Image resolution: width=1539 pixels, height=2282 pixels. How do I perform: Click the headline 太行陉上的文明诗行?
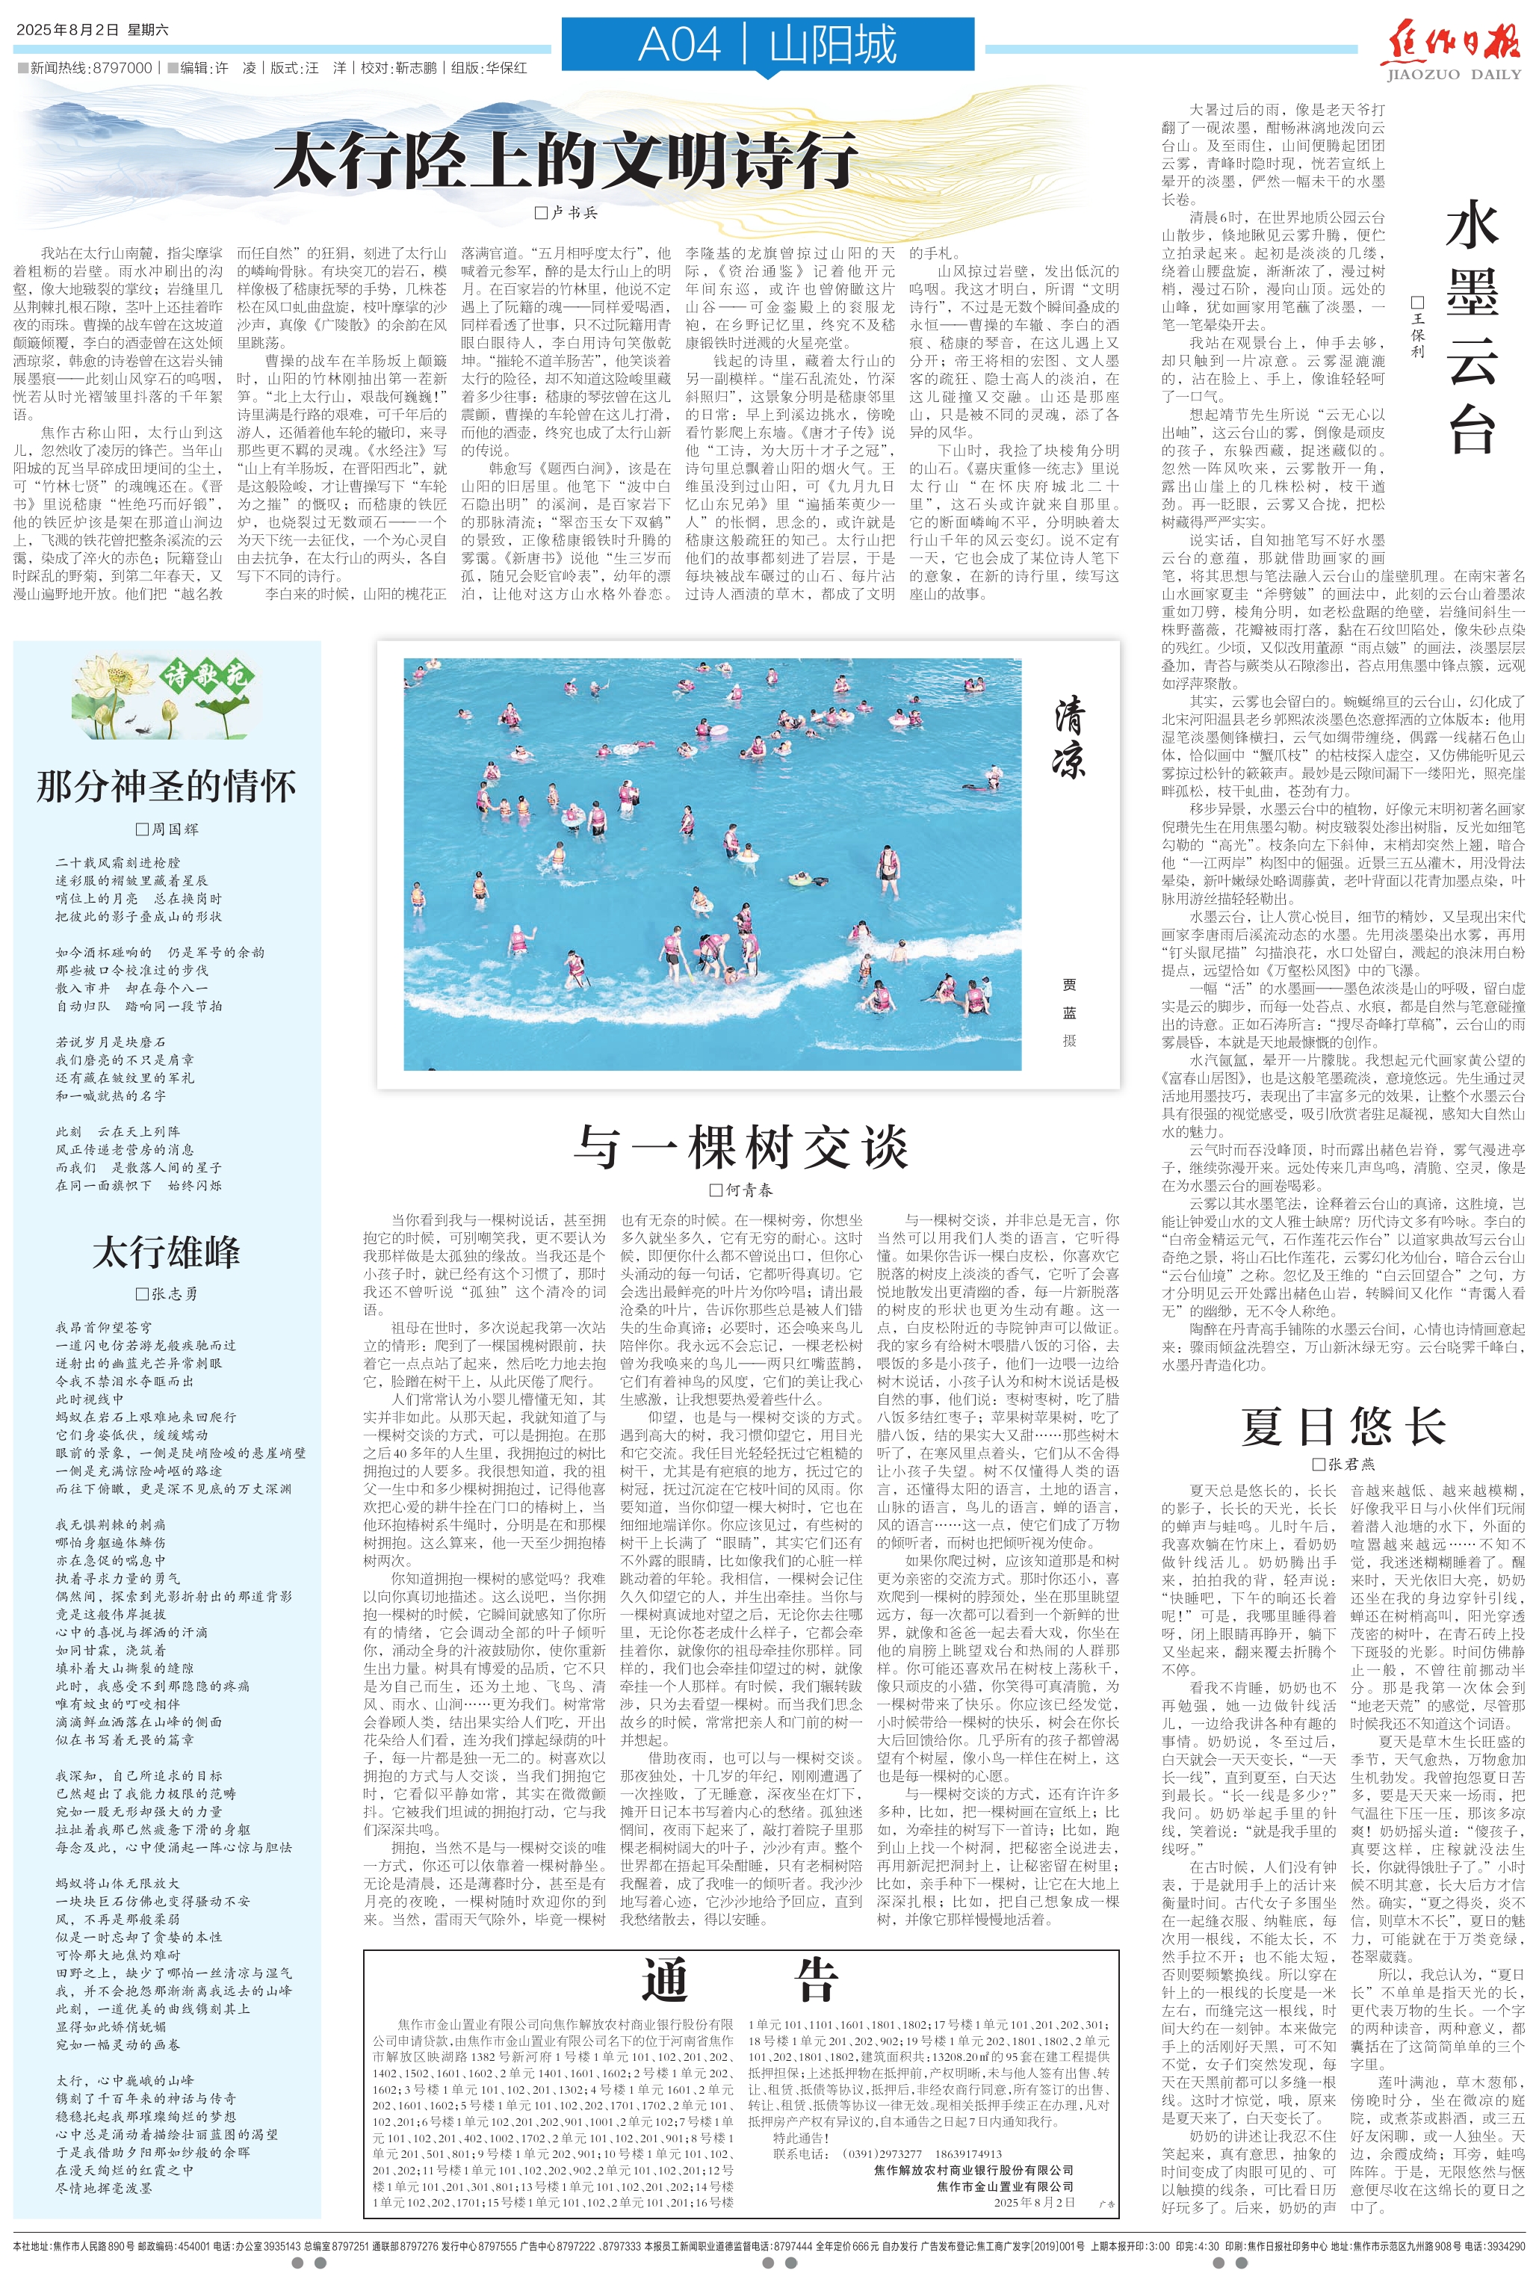pos(566,160)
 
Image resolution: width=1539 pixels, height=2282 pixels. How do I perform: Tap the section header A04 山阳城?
pos(767,45)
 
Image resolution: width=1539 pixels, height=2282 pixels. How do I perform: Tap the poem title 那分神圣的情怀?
pos(166,786)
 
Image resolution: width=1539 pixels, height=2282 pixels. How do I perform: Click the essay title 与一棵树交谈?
pos(741,1146)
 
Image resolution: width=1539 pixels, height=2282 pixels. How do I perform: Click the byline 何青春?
pos(748,1190)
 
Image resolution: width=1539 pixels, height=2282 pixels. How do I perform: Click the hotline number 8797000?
pos(122,68)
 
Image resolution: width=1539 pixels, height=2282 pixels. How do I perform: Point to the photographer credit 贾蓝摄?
pos(1069,1012)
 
